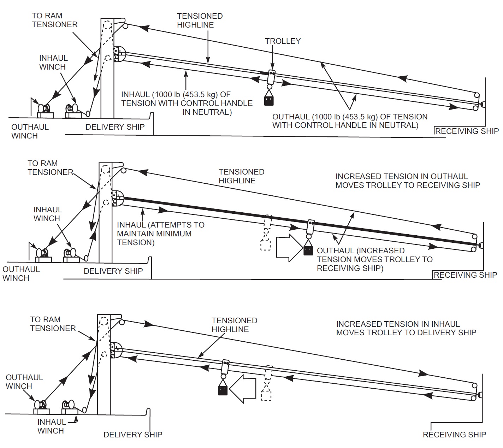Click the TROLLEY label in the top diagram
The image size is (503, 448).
(x=283, y=41)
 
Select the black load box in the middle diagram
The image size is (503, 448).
(x=308, y=250)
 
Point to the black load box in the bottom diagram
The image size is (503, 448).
(x=223, y=390)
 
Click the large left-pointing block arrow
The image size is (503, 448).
(x=243, y=389)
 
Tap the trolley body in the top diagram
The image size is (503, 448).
(x=271, y=77)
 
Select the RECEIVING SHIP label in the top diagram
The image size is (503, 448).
(x=467, y=131)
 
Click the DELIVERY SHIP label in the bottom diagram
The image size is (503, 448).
(x=133, y=434)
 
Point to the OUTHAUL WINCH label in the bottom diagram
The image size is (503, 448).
(x=24, y=382)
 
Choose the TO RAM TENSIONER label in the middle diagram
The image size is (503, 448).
(x=50, y=167)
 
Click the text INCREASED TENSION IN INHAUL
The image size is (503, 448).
(x=398, y=324)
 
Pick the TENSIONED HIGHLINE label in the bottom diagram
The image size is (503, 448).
(x=234, y=325)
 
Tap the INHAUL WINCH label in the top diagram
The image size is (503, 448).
(x=53, y=62)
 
